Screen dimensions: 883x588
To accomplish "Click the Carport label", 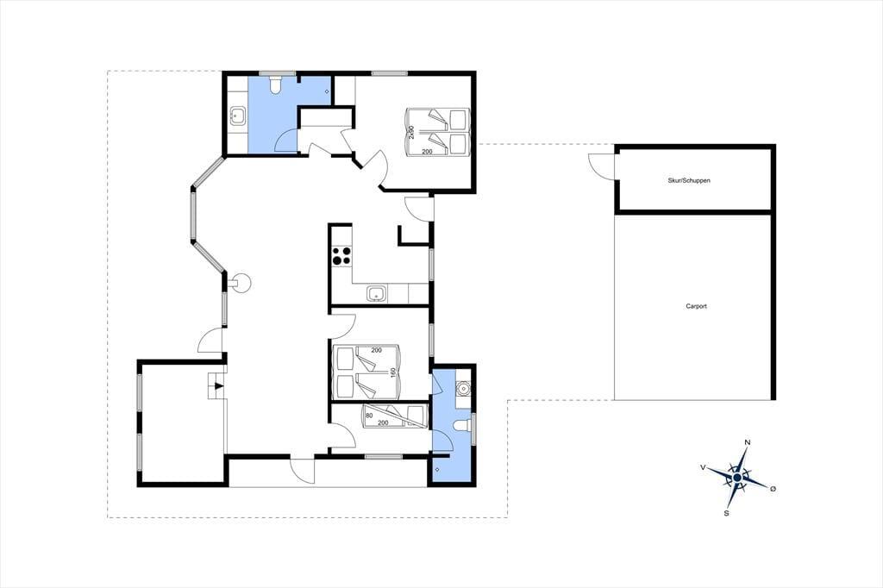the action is pos(696,306).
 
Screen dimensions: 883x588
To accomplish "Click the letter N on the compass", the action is pos(748,442).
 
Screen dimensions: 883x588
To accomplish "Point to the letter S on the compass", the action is pos(726,513).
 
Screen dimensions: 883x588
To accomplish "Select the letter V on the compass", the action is pos(703,467).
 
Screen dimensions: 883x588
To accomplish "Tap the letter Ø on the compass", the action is pos(773,489).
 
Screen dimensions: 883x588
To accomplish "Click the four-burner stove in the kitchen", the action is pos(341,256).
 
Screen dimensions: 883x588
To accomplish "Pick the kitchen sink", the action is pos(376,293).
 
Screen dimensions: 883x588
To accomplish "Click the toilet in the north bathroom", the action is pos(275,85).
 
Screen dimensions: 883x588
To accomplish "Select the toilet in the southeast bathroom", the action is pos(463,426).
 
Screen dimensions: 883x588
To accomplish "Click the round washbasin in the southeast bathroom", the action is pos(464,389).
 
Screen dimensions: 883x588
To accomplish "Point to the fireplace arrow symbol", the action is pos(218,386).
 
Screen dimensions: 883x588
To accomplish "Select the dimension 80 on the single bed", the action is pos(369,416).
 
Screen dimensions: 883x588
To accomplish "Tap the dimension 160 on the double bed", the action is pos(393,372).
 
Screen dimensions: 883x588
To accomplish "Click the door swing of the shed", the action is pos(600,166).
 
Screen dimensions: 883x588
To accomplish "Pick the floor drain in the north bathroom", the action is pos(327,91).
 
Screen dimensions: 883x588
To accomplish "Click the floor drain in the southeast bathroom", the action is pos(437,469).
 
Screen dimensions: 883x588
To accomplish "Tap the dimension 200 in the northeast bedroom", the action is pos(428,152).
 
